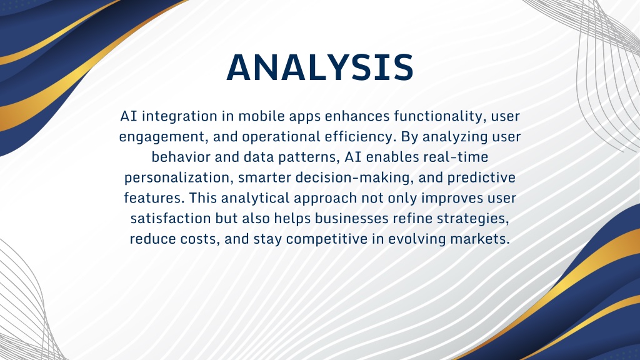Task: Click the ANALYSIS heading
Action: point(321,67)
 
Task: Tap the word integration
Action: point(180,117)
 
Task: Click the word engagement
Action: point(164,137)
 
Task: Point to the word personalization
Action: point(179,178)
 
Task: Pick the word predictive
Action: point(481,178)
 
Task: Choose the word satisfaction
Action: point(171,218)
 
